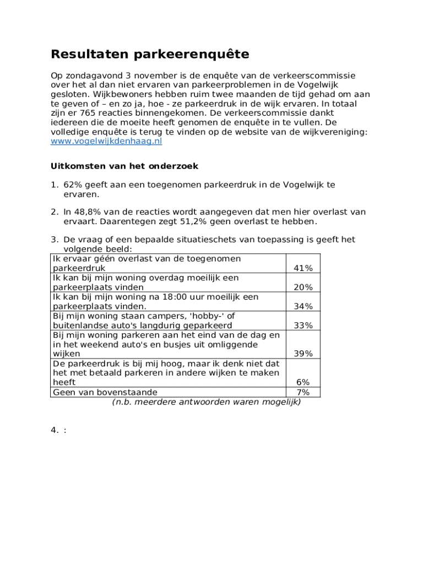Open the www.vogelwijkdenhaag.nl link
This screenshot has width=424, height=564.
point(106,142)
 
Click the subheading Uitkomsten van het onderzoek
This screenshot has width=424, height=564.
point(124,166)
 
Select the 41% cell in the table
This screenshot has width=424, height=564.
point(303,268)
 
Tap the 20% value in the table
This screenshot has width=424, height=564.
point(303,288)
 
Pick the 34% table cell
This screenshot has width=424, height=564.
point(303,306)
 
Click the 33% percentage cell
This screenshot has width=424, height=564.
point(303,326)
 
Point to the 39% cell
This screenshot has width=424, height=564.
point(303,354)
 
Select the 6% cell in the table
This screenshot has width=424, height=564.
point(303,382)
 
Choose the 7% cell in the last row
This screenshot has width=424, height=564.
point(303,393)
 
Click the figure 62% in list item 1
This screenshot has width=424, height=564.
point(73,185)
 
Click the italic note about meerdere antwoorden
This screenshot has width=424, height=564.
point(206,403)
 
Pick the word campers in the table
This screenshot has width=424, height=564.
point(148,316)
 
